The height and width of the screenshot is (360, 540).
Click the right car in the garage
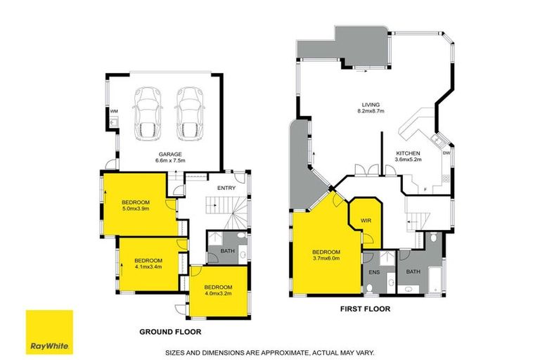pyautogui.click(x=189, y=112)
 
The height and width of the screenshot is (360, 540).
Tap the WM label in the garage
pyautogui.click(x=113, y=112)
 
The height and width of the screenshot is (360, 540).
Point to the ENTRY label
pyautogui.click(x=226, y=188)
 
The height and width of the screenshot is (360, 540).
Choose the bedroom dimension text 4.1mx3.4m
pyautogui.click(x=148, y=266)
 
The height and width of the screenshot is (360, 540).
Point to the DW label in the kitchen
pyautogui.click(x=446, y=153)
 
